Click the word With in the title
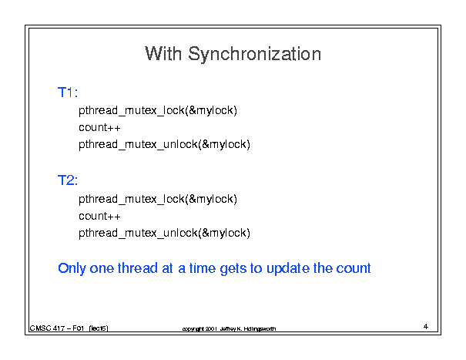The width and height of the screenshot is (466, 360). tap(163, 53)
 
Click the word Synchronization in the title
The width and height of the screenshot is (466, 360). tap(255, 54)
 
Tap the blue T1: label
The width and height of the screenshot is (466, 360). tap(68, 93)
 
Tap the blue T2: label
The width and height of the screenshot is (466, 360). tap(68, 180)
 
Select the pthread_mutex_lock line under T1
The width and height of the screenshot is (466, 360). tap(158, 111)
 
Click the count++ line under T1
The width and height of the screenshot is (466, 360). tap(99, 127)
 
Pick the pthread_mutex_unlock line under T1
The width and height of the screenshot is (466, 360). tap(164, 145)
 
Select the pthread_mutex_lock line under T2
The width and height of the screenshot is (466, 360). tap(158, 200)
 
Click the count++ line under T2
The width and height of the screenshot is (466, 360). tap(99, 216)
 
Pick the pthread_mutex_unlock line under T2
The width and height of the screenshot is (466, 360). tap(164, 234)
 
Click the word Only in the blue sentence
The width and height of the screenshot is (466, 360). tap(72, 269)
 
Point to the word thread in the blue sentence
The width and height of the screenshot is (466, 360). tap(138, 268)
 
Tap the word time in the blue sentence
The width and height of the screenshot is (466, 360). tap(203, 268)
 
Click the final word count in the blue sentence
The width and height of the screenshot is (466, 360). tap(354, 268)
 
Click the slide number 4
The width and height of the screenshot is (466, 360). tap(426, 326)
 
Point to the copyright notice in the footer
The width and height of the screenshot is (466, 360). tap(229, 328)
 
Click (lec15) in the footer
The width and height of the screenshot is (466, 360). tap(99, 328)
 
